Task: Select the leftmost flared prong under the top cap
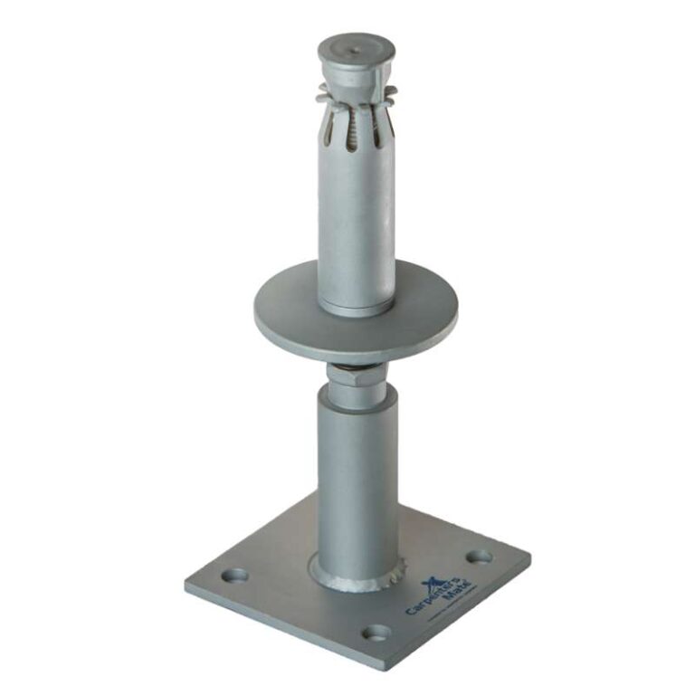pyautogui.click(x=323, y=90)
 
